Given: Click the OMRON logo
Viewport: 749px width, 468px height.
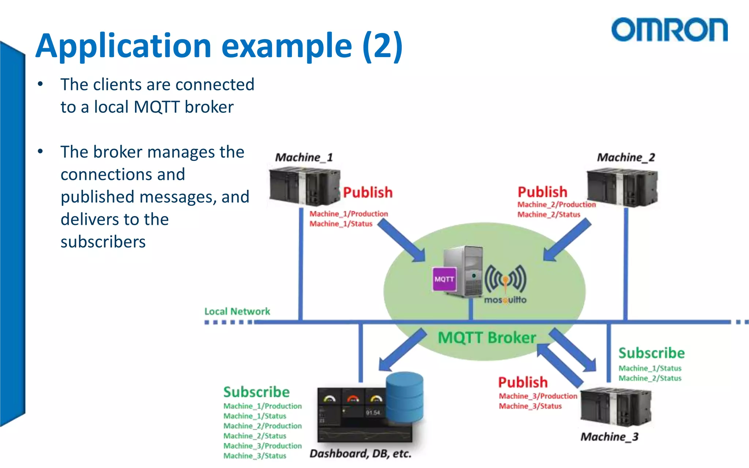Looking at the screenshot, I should (x=669, y=30).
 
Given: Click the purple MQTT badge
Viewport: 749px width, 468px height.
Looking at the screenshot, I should (x=444, y=279).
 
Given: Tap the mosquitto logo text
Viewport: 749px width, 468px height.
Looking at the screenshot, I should (x=505, y=300).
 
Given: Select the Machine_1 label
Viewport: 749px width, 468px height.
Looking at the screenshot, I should (x=304, y=158).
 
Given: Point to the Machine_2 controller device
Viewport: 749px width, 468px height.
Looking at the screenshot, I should (x=622, y=188).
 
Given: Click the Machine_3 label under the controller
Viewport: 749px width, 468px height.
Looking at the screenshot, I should (x=609, y=437).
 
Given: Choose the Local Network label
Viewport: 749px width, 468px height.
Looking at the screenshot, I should (x=237, y=312).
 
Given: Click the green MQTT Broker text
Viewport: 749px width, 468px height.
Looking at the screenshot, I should (x=487, y=338).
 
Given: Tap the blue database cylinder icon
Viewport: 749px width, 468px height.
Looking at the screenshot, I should (x=404, y=397).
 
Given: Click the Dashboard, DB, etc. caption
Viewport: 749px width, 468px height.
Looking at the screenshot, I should (x=360, y=454).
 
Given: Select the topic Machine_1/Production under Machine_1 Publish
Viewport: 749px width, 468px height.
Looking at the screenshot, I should (x=349, y=214).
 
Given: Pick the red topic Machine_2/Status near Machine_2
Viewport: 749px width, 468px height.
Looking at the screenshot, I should (x=549, y=215).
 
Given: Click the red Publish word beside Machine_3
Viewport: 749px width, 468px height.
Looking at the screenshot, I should (x=523, y=382).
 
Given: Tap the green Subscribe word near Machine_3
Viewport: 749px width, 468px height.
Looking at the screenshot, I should (x=651, y=353).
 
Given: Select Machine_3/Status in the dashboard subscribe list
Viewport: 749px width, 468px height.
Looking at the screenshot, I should (x=255, y=456).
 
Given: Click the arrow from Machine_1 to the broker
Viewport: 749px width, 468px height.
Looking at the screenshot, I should (x=401, y=241).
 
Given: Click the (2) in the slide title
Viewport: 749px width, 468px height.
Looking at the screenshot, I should (x=383, y=46).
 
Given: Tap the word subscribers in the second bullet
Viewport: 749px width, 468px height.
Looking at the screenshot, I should (x=103, y=242).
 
